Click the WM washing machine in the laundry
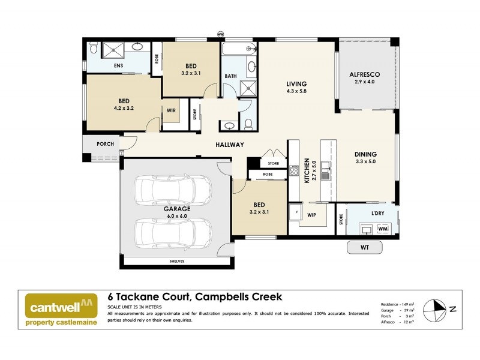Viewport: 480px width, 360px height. (383, 229)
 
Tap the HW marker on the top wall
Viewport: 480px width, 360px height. (220, 34)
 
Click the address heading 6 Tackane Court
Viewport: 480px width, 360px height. (194, 296)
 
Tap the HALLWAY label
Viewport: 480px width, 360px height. (230, 145)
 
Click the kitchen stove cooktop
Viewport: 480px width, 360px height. (294, 170)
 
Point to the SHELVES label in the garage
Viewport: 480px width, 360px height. (176, 262)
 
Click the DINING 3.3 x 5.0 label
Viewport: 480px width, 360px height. (366, 158)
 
